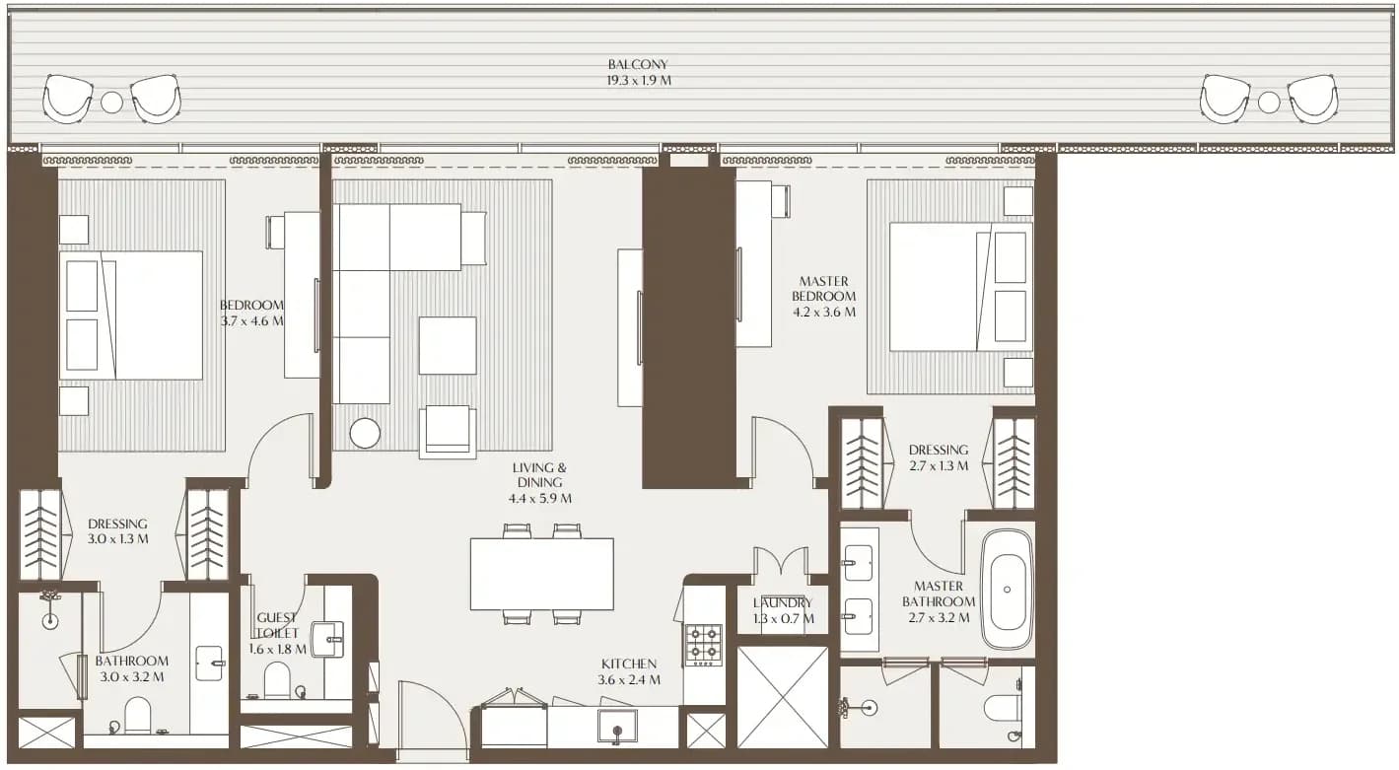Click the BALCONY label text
(638, 64)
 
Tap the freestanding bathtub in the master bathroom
(1007, 591)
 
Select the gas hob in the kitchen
(704, 644)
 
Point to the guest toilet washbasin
(327, 639)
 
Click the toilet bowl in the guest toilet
(277, 679)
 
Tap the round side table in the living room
(365, 433)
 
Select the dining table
(541, 574)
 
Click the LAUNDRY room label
(782, 603)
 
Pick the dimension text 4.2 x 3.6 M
(824, 313)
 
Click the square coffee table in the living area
(448, 345)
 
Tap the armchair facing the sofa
(448, 432)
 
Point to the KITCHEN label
(628, 664)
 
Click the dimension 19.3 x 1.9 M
(638, 81)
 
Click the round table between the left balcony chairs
(112, 103)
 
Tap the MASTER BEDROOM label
(824, 289)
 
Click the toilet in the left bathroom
(138, 716)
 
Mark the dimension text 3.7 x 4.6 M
(251, 321)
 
